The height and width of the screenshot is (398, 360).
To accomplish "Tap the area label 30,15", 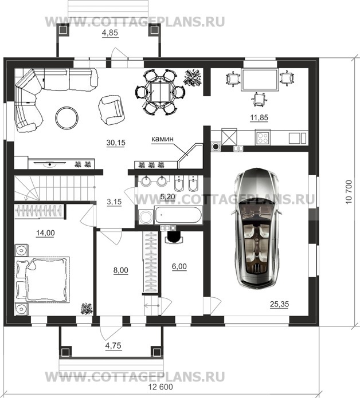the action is (116, 143).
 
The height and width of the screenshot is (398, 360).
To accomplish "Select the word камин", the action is (163, 139).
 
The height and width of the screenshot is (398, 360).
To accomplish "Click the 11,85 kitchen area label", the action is (259, 117).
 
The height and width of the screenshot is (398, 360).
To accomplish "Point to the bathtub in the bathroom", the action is (178, 215).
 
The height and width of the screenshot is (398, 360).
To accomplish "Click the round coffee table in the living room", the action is (67, 117).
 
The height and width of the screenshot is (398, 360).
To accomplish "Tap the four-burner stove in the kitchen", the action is (263, 138).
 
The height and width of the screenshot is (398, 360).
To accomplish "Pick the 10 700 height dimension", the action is (349, 192).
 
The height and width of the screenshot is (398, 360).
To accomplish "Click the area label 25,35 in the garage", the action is (280, 304).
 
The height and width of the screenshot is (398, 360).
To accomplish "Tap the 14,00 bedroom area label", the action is (45, 233).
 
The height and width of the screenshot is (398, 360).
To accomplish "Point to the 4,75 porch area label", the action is (114, 345).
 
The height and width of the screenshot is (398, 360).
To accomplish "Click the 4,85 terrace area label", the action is (110, 33).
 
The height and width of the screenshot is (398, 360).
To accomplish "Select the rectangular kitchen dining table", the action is (259, 80).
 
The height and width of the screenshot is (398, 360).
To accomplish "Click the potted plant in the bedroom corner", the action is (87, 309).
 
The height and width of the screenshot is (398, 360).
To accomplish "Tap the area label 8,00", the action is (121, 270).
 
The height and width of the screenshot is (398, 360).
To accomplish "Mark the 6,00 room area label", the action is (179, 266).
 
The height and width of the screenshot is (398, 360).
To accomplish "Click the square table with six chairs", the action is (160, 93).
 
